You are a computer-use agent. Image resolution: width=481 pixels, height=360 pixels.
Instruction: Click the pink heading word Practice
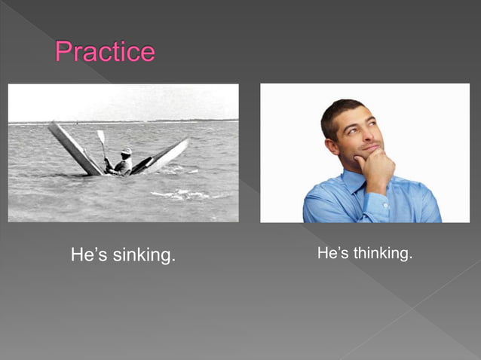pyautogui.click(x=105, y=52)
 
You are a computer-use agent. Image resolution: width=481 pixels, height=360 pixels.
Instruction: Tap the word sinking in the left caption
pyautogui.click(x=144, y=255)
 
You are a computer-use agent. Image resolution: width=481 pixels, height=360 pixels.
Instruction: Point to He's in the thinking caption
pyautogui.click(x=332, y=254)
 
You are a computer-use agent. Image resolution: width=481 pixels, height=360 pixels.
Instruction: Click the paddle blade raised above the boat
pyautogui.click(x=100, y=136)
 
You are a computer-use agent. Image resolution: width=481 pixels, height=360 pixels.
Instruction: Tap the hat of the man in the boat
pyautogui.click(x=126, y=151)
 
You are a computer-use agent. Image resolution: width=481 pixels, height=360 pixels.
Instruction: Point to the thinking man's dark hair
pyautogui.click(x=339, y=111)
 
